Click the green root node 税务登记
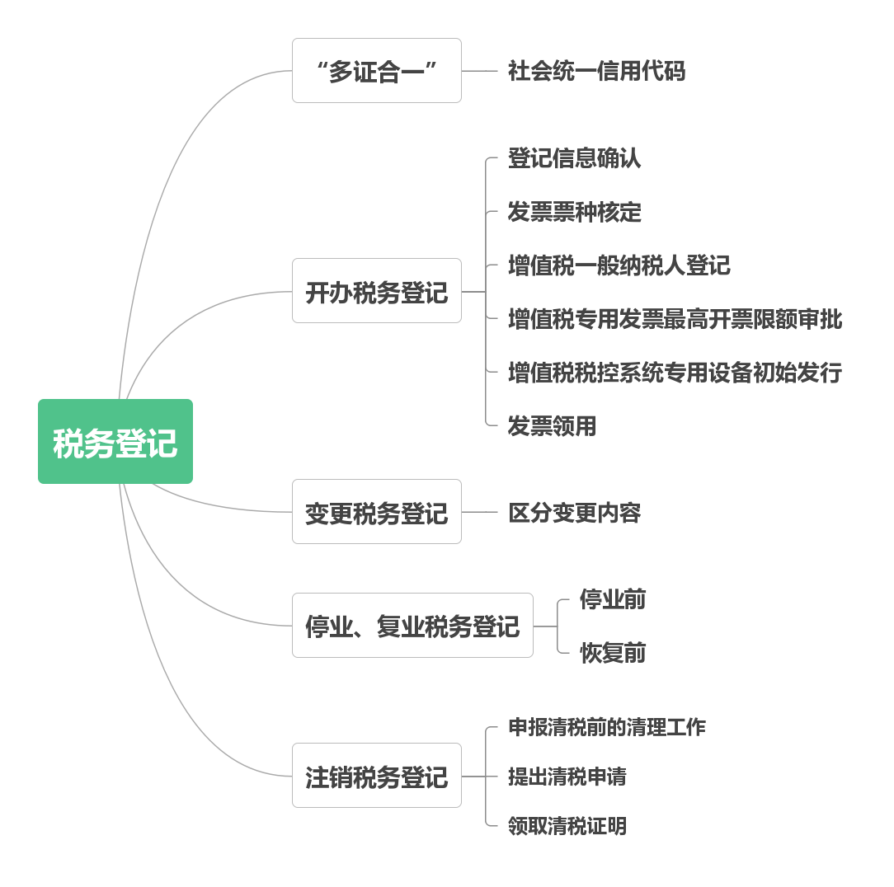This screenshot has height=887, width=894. point(115,442)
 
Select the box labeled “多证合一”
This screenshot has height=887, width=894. point(377,71)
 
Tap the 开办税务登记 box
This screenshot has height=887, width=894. point(377,291)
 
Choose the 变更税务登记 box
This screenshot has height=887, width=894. point(377,512)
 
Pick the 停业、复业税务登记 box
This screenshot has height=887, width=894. point(412,626)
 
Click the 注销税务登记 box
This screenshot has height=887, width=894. point(377,776)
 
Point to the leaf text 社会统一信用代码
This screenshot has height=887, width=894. point(596,71)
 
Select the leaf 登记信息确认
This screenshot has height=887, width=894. point(574,158)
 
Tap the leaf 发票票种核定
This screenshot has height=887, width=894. point(574,212)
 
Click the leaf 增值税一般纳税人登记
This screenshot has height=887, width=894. point(619,265)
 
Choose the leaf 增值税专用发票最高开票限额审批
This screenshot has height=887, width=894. point(675,319)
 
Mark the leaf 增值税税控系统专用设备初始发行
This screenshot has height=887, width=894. point(675,373)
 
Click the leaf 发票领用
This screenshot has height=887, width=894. point(552,426)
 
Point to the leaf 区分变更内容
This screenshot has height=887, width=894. point(574,513)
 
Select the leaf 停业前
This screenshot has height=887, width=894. point(613,599)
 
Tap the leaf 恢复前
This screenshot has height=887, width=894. point(613,653)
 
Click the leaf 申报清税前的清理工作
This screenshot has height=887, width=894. point(607,727)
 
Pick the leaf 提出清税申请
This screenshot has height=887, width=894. point(567,777)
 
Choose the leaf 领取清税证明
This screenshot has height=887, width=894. point(567,825)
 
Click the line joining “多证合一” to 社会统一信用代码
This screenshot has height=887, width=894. point(479,71)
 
